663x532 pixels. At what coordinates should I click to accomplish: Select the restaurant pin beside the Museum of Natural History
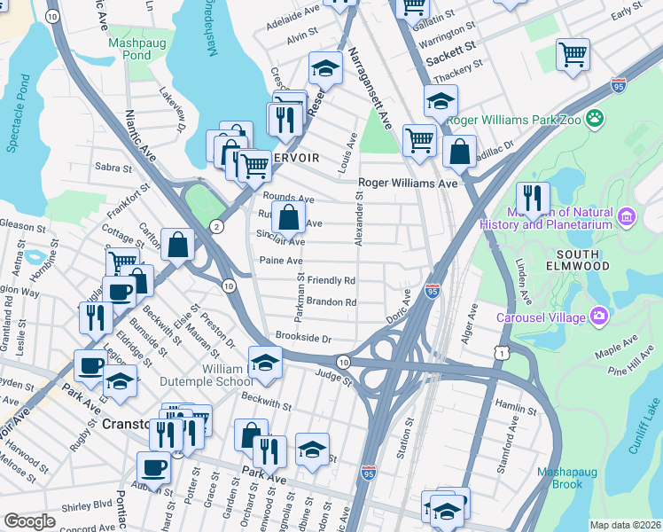pos(533,199)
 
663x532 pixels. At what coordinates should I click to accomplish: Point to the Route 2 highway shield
pos(217,228)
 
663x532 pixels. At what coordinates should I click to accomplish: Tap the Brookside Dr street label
pos(303,339)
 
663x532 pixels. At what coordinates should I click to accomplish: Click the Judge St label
pos(334,379)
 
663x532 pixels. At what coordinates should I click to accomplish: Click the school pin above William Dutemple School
pos(264,362)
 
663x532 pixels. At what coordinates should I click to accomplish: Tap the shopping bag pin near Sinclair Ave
pos(289,216)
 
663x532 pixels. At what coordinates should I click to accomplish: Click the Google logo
pos(29,520)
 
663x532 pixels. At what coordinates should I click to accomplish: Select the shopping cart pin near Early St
pos(573,53)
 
